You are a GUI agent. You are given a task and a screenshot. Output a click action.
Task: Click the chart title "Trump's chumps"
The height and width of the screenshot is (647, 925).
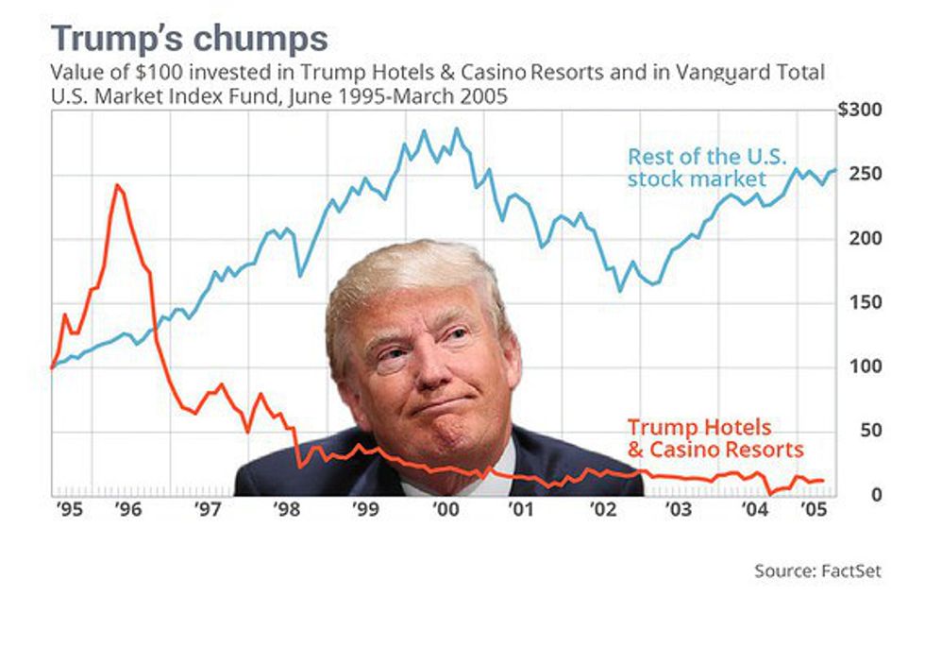189,39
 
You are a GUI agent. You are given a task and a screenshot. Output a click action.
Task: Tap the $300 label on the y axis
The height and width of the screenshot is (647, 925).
859,111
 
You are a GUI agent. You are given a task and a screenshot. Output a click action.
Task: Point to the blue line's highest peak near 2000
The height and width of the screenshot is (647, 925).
458,128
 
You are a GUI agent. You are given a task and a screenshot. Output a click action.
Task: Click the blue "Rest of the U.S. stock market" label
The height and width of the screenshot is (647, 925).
707,166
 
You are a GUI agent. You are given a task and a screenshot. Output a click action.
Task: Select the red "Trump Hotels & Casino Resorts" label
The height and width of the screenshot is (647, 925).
714,438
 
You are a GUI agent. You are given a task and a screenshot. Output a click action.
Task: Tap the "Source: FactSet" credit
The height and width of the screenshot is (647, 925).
817,571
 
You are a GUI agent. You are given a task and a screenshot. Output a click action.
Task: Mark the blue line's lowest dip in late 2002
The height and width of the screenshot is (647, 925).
620,290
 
